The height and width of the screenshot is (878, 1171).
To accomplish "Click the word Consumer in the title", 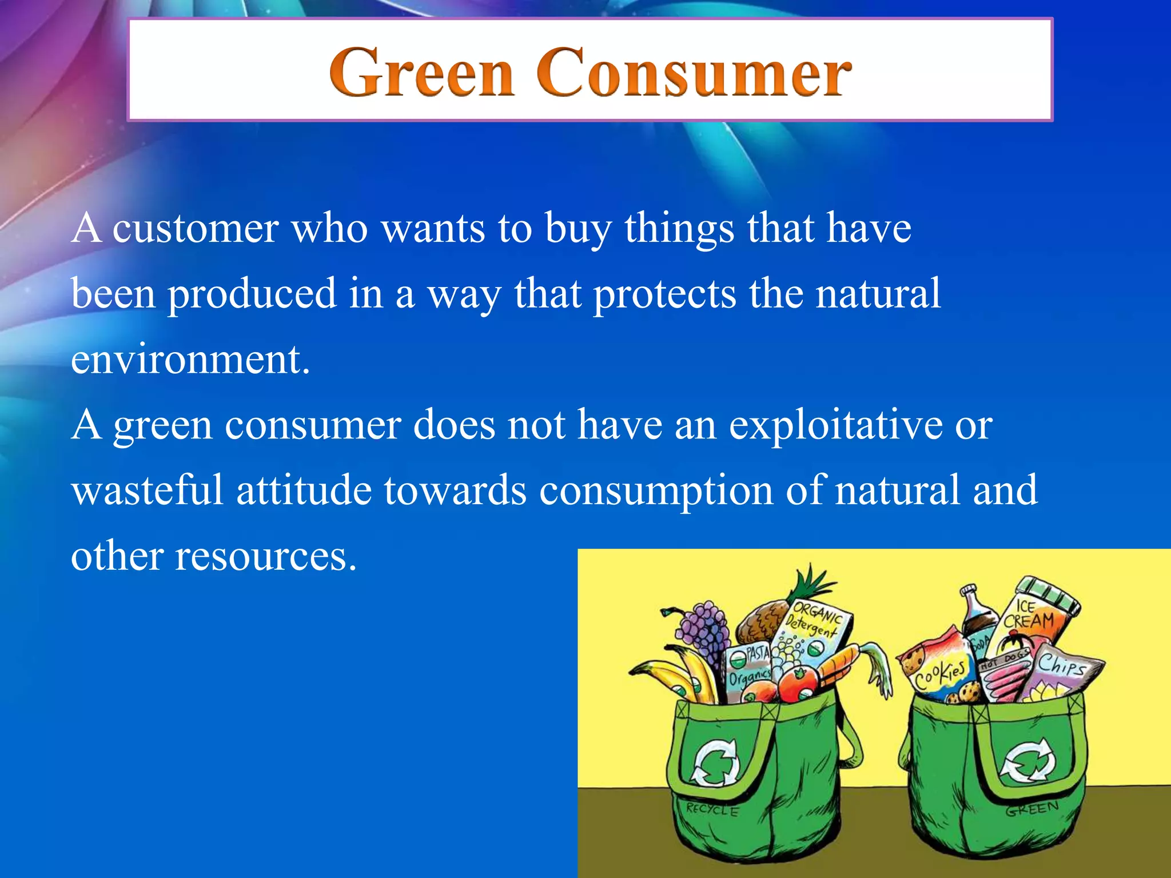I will click(x=694, y=73).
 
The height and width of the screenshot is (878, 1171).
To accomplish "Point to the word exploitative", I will click(x=835, y=425).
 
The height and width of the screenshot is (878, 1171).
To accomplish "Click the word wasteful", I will click(x=147, y=490).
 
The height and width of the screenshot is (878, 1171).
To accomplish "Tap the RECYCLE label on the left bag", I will click(x=712, y=810).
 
